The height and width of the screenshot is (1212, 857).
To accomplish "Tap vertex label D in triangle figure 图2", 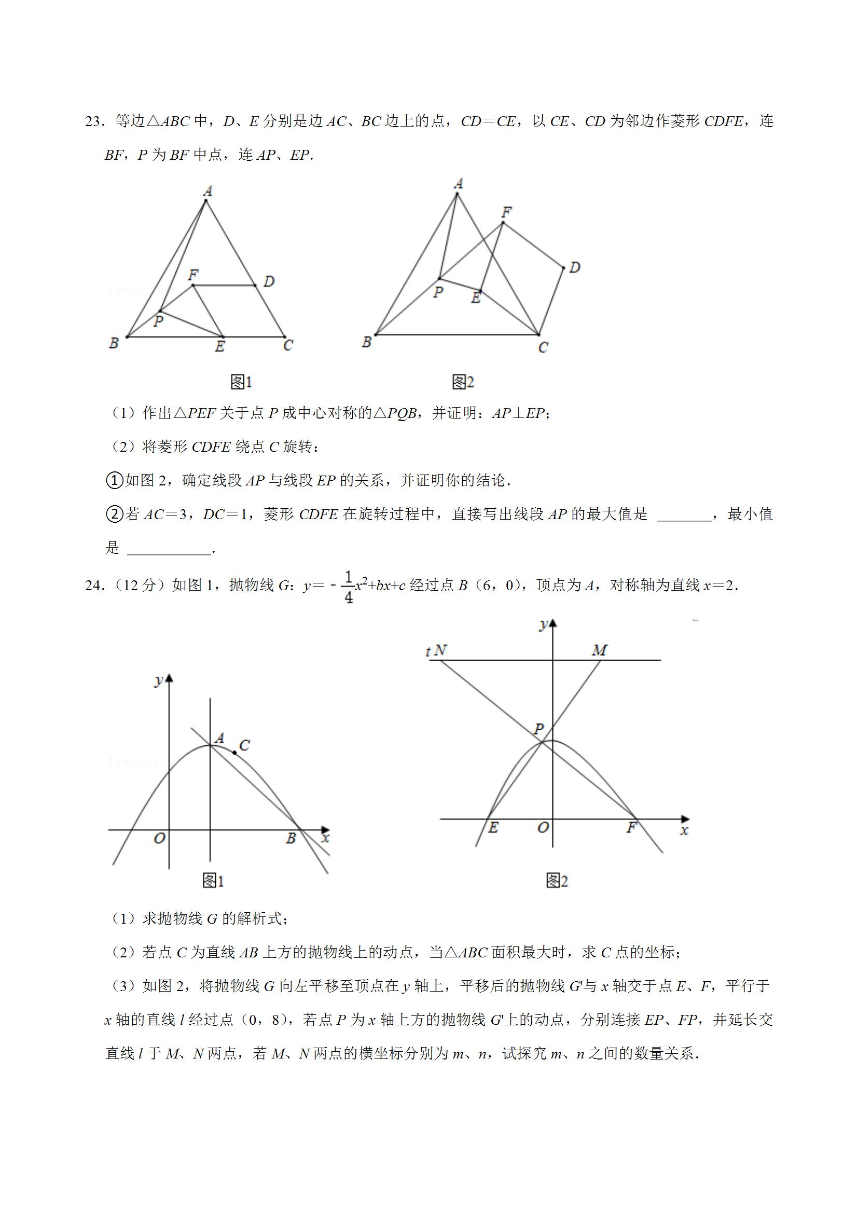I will (574, 268).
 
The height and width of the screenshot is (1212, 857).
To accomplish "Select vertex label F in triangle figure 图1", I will (193, 274).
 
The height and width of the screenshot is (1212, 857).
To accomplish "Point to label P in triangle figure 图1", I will (158, 321).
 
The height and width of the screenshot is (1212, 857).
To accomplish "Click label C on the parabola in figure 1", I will (244, 745).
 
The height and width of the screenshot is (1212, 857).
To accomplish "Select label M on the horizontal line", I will (599, 650).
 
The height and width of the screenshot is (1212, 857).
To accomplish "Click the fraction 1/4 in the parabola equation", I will (349, 587).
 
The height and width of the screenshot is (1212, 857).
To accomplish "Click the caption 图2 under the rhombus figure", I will (463, 382).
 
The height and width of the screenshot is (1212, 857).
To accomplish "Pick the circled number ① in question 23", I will (114, 480).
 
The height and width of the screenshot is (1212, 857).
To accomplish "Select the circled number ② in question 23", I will (114, 514).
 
